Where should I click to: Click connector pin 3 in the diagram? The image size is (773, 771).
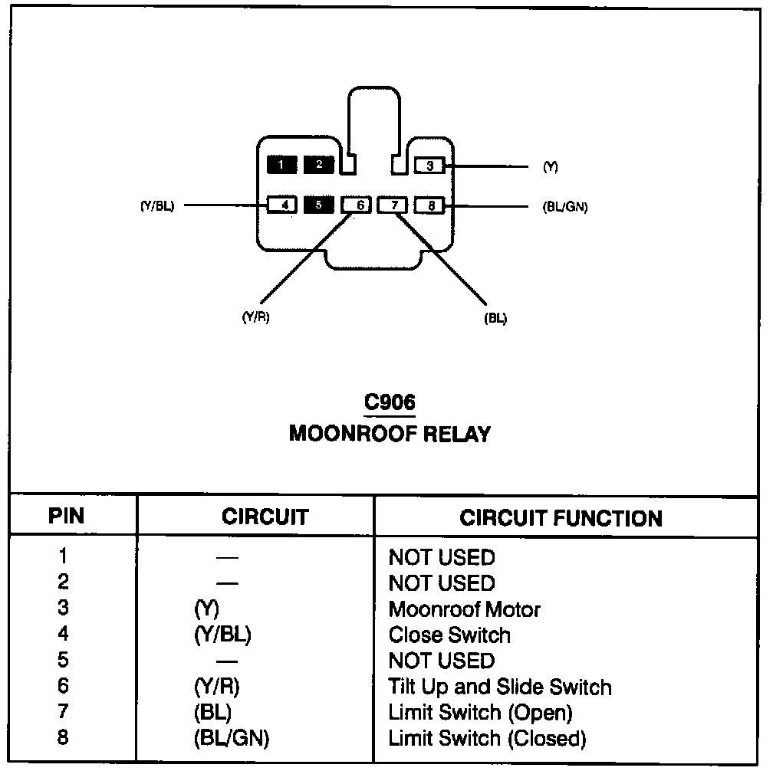[x=430, y=165]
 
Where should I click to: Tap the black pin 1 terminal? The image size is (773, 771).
[x=281, y=164]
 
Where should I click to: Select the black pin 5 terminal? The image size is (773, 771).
[x=319, y=205]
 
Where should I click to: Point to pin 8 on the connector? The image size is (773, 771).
[x=431, y=205]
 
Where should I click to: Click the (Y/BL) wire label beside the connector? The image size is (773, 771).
[x=157, y=205]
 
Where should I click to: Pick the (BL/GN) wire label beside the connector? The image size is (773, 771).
[x=564, y=206]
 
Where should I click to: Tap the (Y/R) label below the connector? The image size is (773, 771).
[x=255, y=318]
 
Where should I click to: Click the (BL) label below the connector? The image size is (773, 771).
[x=496, y=318]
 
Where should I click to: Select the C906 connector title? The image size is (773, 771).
[x=390, y=403]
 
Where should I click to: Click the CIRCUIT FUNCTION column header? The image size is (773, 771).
[x=561, y=518]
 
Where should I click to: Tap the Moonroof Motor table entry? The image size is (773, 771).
[x=464, y=609]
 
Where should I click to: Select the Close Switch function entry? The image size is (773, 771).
[x=449, y=635]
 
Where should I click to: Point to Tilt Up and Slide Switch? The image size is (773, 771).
[x=500, y=687]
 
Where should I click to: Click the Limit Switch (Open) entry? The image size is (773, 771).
[x=480, y=713]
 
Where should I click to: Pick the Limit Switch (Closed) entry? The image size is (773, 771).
[x=487, y=739]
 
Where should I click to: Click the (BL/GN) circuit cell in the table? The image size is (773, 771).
[x=232, y=739]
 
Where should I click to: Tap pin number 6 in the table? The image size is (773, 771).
[x=63, y=687]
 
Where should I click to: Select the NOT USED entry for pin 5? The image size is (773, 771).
[x=442, y=661]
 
